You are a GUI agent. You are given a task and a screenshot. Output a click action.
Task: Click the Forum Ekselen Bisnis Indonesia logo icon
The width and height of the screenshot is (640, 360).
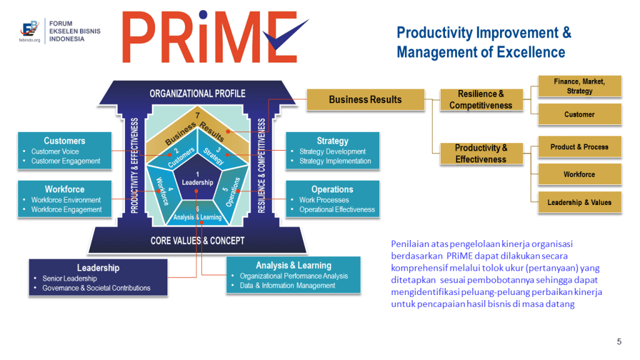pyautogui.click(x=29, y=29)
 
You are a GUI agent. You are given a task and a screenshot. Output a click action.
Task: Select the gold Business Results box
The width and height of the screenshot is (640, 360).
pyautogui.click(x=365, y=99)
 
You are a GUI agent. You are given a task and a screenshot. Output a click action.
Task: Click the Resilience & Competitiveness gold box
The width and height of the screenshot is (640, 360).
pyautogui.click(x=481, y=99)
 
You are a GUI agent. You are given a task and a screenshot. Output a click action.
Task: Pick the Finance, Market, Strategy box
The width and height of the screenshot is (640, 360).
pyautogui.click(x=579, y=86)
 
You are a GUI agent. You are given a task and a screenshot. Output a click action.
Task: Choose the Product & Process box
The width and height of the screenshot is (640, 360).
pyautogui.click(x=579, y=147)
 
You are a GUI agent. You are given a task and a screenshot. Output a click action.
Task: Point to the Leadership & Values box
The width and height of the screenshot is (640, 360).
pyautogui.click(x=579, y=202)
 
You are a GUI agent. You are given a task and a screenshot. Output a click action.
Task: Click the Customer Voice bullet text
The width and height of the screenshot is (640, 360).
pyautogui.click(x=55, y=151)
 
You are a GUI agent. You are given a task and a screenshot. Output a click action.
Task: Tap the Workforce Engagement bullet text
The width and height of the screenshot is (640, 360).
pyautogui.click(x=66, y=209)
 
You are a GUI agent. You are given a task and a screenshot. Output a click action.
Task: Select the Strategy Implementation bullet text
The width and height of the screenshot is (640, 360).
pyautogui.click(x=335, y=161)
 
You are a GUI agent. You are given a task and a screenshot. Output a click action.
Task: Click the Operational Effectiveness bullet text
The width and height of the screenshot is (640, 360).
pyautogui.click(x=337, y=209)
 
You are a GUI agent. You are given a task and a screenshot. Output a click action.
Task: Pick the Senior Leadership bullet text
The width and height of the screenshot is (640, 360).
pyautogui.click(x=70, y=278)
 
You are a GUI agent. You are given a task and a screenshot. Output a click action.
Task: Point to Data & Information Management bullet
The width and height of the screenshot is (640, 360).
pyautogui.click(x=287, y=286)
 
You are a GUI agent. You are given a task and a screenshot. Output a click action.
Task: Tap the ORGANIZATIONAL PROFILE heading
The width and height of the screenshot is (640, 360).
pyautogui.click(x=197, y=94)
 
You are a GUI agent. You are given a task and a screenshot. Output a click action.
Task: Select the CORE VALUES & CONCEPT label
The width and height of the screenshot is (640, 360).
pyautogui.click(x=197, y=241)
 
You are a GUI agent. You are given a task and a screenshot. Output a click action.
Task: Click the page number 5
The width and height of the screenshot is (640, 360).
pyautogui.click(x=619, y=342)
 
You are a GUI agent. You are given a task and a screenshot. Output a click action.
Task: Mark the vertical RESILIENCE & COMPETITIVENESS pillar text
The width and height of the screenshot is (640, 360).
pyautogui.click(x=262, y=165)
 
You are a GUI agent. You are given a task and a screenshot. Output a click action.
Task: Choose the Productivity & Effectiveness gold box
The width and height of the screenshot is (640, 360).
pyautogui.click(x=481, y=154)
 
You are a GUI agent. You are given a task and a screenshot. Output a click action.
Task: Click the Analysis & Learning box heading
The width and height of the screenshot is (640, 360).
pyautogui.click(x=294, y=265)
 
